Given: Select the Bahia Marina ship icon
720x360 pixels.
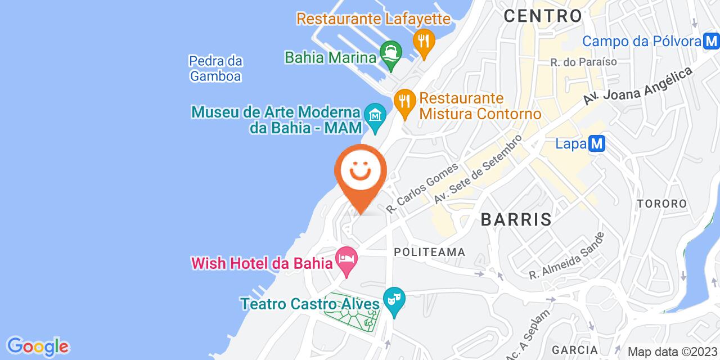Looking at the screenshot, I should (x=390, y=54).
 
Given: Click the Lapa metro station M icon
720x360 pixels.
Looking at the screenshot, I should (x=597, y=144).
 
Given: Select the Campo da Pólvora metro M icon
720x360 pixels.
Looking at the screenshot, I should (x=711, y=41).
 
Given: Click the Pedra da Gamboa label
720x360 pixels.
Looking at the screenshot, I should (x=215, y=68).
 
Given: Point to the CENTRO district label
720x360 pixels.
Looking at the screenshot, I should (x=542, y=16).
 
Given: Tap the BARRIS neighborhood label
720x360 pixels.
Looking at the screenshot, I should (x=516, y=219).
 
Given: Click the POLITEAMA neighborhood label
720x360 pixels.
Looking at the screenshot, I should (x=429, y=252).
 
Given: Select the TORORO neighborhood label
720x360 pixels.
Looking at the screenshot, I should (x=661, y=204).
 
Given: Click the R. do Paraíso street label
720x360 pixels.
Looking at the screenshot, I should (x=584, y=61).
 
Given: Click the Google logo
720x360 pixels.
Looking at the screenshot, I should (x=38, y=346).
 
